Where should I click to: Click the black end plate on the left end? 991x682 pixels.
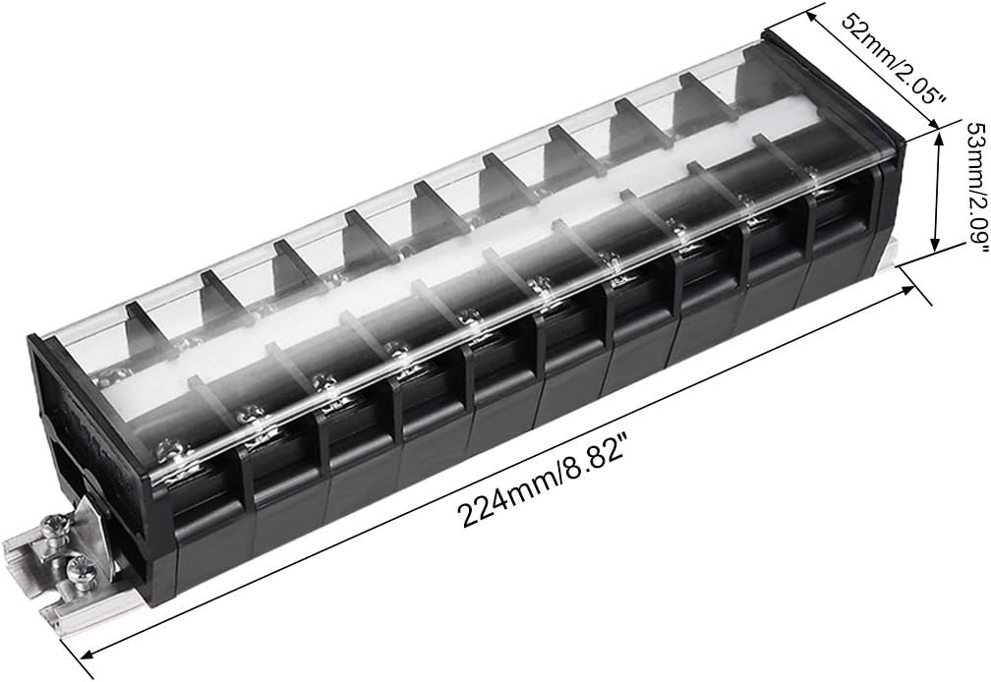[x=49, y=413]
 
